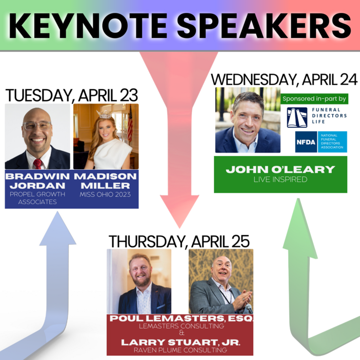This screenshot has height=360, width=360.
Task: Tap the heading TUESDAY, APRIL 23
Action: (72, 95)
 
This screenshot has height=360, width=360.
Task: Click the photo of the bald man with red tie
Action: (37, 136)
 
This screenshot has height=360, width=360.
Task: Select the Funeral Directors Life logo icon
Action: (297, 117)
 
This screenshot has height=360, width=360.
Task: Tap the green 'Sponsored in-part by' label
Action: (314, 98)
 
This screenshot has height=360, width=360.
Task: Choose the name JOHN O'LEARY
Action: (280, 169)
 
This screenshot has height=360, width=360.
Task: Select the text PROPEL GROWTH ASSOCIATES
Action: (37, 198)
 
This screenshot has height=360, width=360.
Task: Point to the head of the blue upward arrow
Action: (57, 229)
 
